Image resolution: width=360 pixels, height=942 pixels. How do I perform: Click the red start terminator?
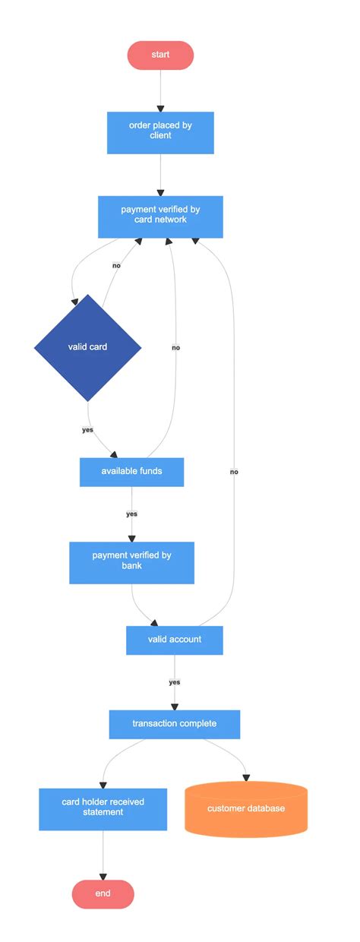pos(160,55)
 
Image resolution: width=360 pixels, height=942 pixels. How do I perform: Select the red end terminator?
pos(103,893)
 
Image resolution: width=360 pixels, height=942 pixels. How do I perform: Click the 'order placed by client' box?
pos(160,132)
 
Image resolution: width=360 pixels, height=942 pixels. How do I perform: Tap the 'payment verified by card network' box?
pos(160,217)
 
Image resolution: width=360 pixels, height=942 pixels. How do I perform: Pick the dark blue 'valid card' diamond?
pos(87,347)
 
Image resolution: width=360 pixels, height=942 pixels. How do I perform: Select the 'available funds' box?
pos(131,472)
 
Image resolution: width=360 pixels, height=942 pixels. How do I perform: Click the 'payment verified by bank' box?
pos(131,562)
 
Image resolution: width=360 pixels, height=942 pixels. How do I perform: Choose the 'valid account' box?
pos(175,640)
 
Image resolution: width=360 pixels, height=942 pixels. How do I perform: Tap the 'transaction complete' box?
pos(175,724)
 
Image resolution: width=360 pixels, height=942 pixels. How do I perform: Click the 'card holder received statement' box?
pos(103,808)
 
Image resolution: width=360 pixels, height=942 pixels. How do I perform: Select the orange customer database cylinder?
pos(246,808)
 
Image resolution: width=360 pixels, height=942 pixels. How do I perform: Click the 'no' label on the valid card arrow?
pos(116,266)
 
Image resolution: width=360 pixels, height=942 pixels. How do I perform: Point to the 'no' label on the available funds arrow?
pos(175,347)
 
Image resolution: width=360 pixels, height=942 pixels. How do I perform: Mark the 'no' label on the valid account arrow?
pos(234,472)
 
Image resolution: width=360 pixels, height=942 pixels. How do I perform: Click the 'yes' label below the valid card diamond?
pos(87,430)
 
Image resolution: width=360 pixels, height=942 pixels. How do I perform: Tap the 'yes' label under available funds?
pos(131,514)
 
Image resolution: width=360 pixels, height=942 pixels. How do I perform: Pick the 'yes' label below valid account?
pos(175,682)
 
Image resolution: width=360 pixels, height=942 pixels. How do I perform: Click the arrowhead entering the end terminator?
pos(103,875)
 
